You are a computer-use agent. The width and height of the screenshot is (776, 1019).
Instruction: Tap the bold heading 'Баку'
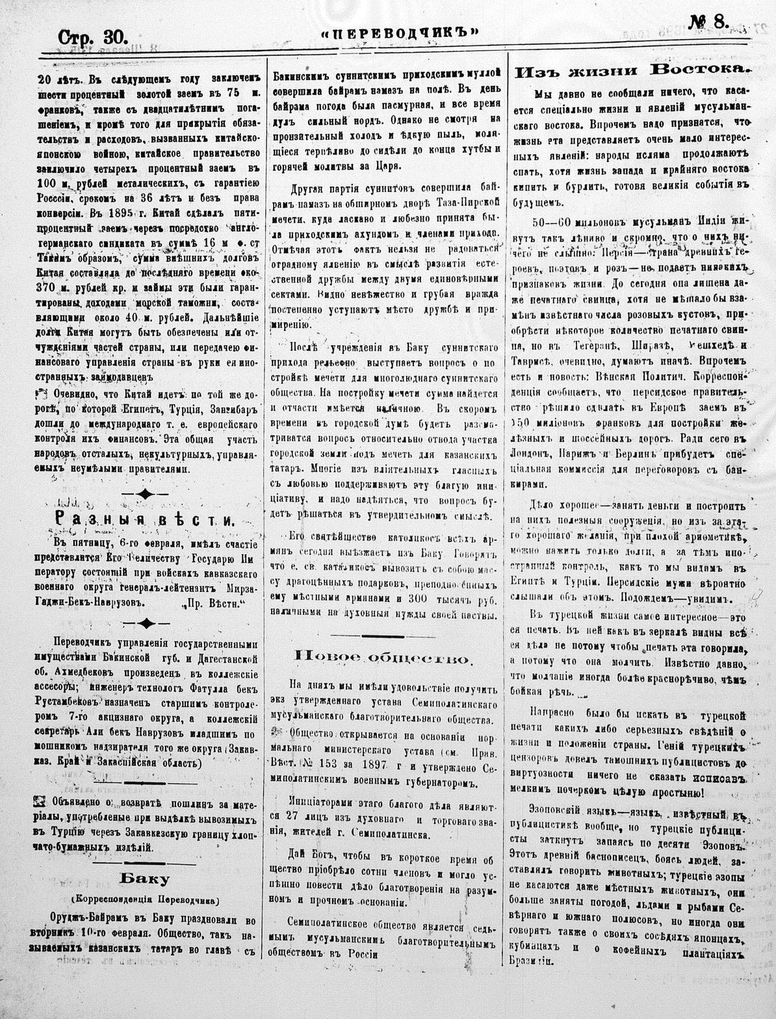pyautogui.click(x=144, y=879)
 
